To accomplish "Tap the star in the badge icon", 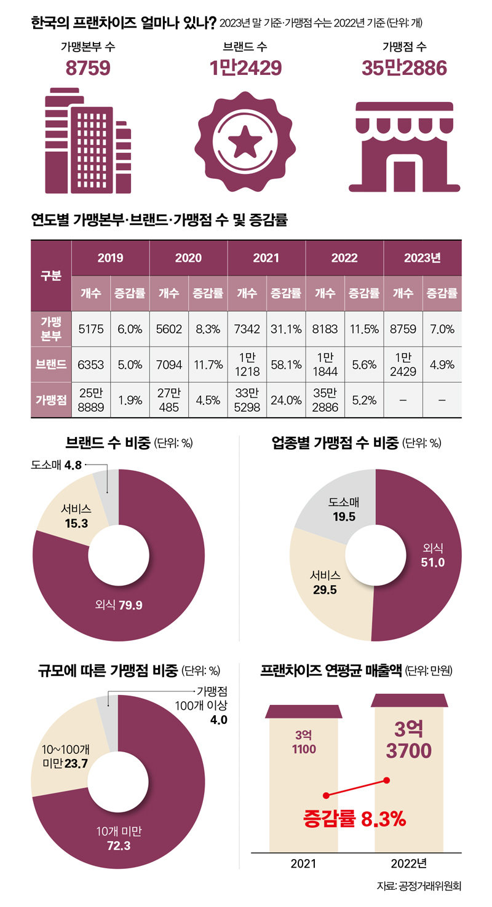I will coord(245,143).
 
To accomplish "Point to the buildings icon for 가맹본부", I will coord(88,141).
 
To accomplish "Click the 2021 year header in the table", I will coord(266,258).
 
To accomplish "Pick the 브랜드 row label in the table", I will coord(51,364).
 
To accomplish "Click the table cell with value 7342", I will coord(247,329).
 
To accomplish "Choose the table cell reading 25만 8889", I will coord(90,399).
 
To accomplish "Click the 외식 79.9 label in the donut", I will coord(119,605).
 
